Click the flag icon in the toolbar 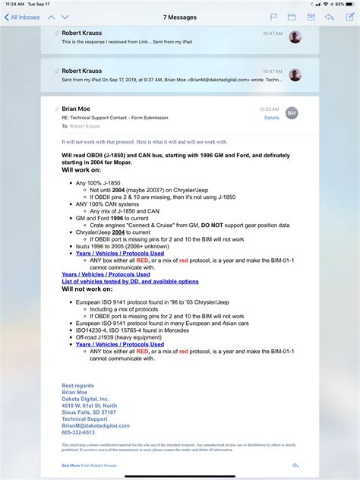point(273,17)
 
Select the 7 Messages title point(180,17)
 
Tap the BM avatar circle point(292,113)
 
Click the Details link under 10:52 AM point(272,118)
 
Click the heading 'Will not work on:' point(87,289)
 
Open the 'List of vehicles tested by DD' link point(130,282)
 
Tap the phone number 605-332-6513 point(78,432)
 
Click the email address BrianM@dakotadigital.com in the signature point(96,425)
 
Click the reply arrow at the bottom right point(295,465)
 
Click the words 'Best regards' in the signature point(77,386)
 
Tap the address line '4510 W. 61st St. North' point(90,406)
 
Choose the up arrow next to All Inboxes point(52,17)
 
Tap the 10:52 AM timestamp point(269,109)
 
